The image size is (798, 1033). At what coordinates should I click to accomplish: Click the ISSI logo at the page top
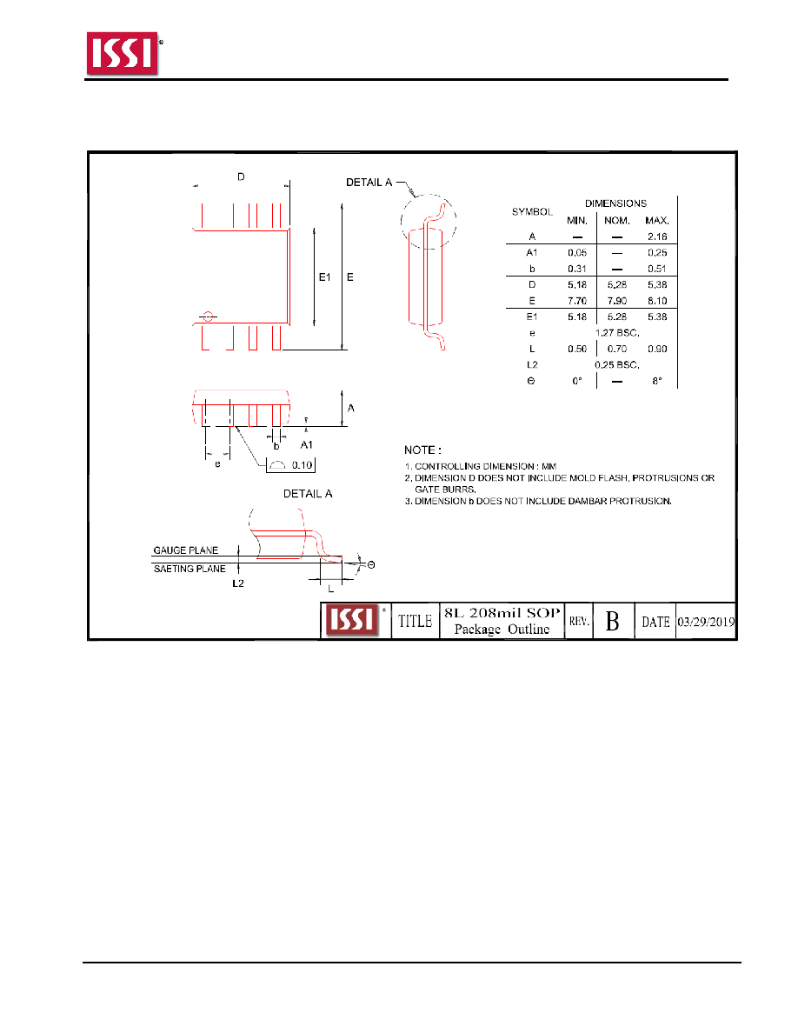123,53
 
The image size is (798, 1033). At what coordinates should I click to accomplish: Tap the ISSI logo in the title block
353,620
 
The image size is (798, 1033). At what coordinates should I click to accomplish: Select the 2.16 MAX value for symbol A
657,237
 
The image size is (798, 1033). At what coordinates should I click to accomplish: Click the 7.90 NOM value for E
617,300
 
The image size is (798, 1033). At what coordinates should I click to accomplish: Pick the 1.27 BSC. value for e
617,333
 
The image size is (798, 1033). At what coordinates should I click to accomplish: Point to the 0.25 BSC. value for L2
617,364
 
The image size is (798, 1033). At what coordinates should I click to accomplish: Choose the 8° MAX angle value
657,381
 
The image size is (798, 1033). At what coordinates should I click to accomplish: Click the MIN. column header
577,221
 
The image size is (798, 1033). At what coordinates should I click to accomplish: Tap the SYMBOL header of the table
532,211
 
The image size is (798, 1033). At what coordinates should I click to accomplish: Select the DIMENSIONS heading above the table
615,203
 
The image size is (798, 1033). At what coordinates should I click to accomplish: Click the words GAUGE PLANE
186,550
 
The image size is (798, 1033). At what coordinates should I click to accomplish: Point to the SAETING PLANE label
190,569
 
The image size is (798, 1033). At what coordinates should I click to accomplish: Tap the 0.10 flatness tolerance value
303,465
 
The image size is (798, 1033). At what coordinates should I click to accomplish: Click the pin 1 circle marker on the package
208,317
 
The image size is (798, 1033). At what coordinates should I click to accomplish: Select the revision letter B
612,621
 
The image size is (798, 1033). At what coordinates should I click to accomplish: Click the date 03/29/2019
706,621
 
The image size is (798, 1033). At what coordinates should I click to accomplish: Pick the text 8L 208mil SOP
502,612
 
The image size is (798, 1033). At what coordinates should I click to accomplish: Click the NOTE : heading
422,450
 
